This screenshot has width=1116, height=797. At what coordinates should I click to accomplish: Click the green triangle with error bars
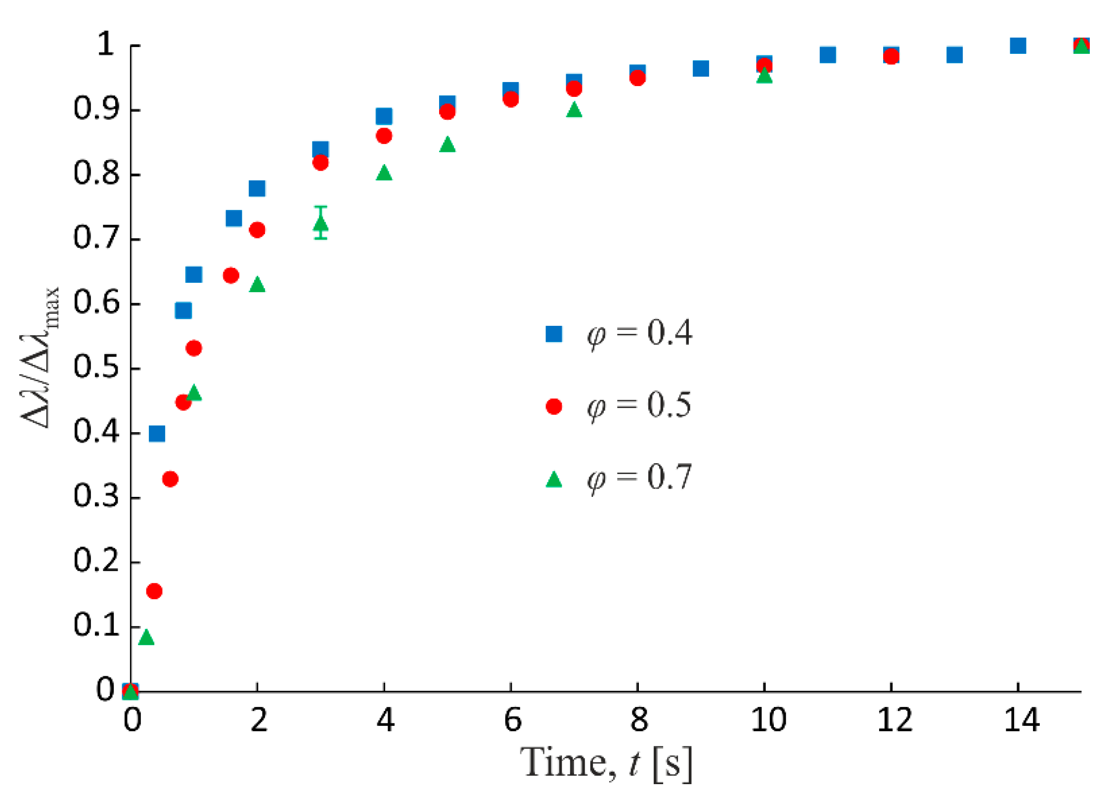320,224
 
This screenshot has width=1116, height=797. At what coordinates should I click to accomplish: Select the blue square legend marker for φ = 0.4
553,334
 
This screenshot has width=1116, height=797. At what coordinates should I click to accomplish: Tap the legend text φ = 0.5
638,405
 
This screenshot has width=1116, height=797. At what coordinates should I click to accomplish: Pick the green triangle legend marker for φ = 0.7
553,479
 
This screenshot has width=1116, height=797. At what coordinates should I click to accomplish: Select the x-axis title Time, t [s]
606,764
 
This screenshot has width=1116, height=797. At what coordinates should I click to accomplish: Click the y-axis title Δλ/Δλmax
40,357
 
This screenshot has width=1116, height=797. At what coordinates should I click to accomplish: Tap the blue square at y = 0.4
157,434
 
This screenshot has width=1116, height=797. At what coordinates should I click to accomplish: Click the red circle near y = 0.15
154,591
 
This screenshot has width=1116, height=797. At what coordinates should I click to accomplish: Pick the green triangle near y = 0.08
146,638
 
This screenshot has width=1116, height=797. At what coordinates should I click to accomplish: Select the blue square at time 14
1018,46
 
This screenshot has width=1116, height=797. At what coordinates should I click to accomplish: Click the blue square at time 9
701,68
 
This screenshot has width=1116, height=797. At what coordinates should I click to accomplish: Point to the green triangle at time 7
574,110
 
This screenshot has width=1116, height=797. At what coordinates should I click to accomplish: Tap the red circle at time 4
384,136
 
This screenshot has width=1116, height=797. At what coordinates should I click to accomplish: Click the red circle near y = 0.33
170,479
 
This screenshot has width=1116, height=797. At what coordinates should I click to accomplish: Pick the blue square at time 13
954,55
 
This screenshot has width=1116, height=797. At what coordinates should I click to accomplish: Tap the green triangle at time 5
447,145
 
